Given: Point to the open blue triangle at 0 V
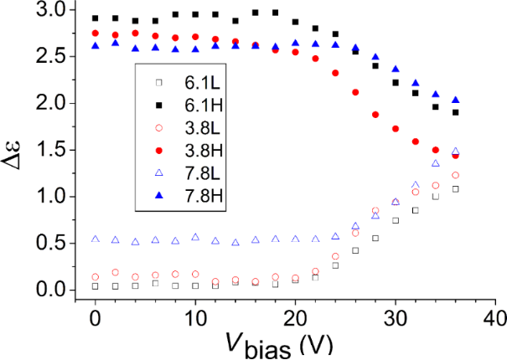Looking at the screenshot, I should tap(96, 239).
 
